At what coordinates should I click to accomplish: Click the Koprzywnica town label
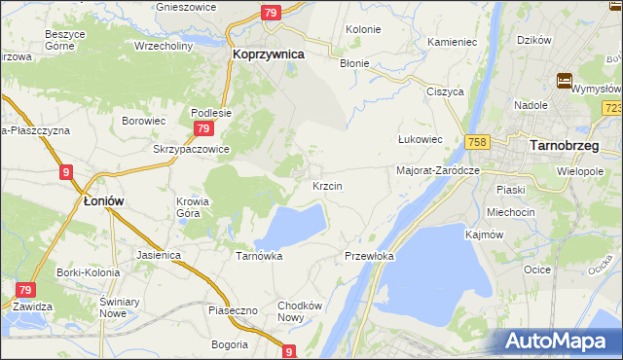click(268, 55)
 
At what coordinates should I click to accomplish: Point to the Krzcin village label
click(327, 185)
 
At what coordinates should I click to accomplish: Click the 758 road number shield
click(476, 141)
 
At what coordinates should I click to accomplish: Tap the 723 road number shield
click(612, 108)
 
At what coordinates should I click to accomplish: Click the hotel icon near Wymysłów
click(564, 81)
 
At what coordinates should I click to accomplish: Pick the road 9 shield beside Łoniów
click(65, 172)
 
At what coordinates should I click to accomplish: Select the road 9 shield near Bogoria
click(289, 352)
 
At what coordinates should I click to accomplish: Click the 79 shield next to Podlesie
click(202, 128)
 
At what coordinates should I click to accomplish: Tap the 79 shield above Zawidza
click(26, 290)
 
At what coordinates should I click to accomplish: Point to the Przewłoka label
click(369, 256)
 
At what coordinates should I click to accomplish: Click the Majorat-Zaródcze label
click(438, 170)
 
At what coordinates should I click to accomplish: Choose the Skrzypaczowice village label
click(191, 149)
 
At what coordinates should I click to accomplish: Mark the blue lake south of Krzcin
click(292, 226)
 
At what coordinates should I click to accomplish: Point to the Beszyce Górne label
click(66, 39)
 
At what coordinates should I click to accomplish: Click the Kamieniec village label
click(452, 43)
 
